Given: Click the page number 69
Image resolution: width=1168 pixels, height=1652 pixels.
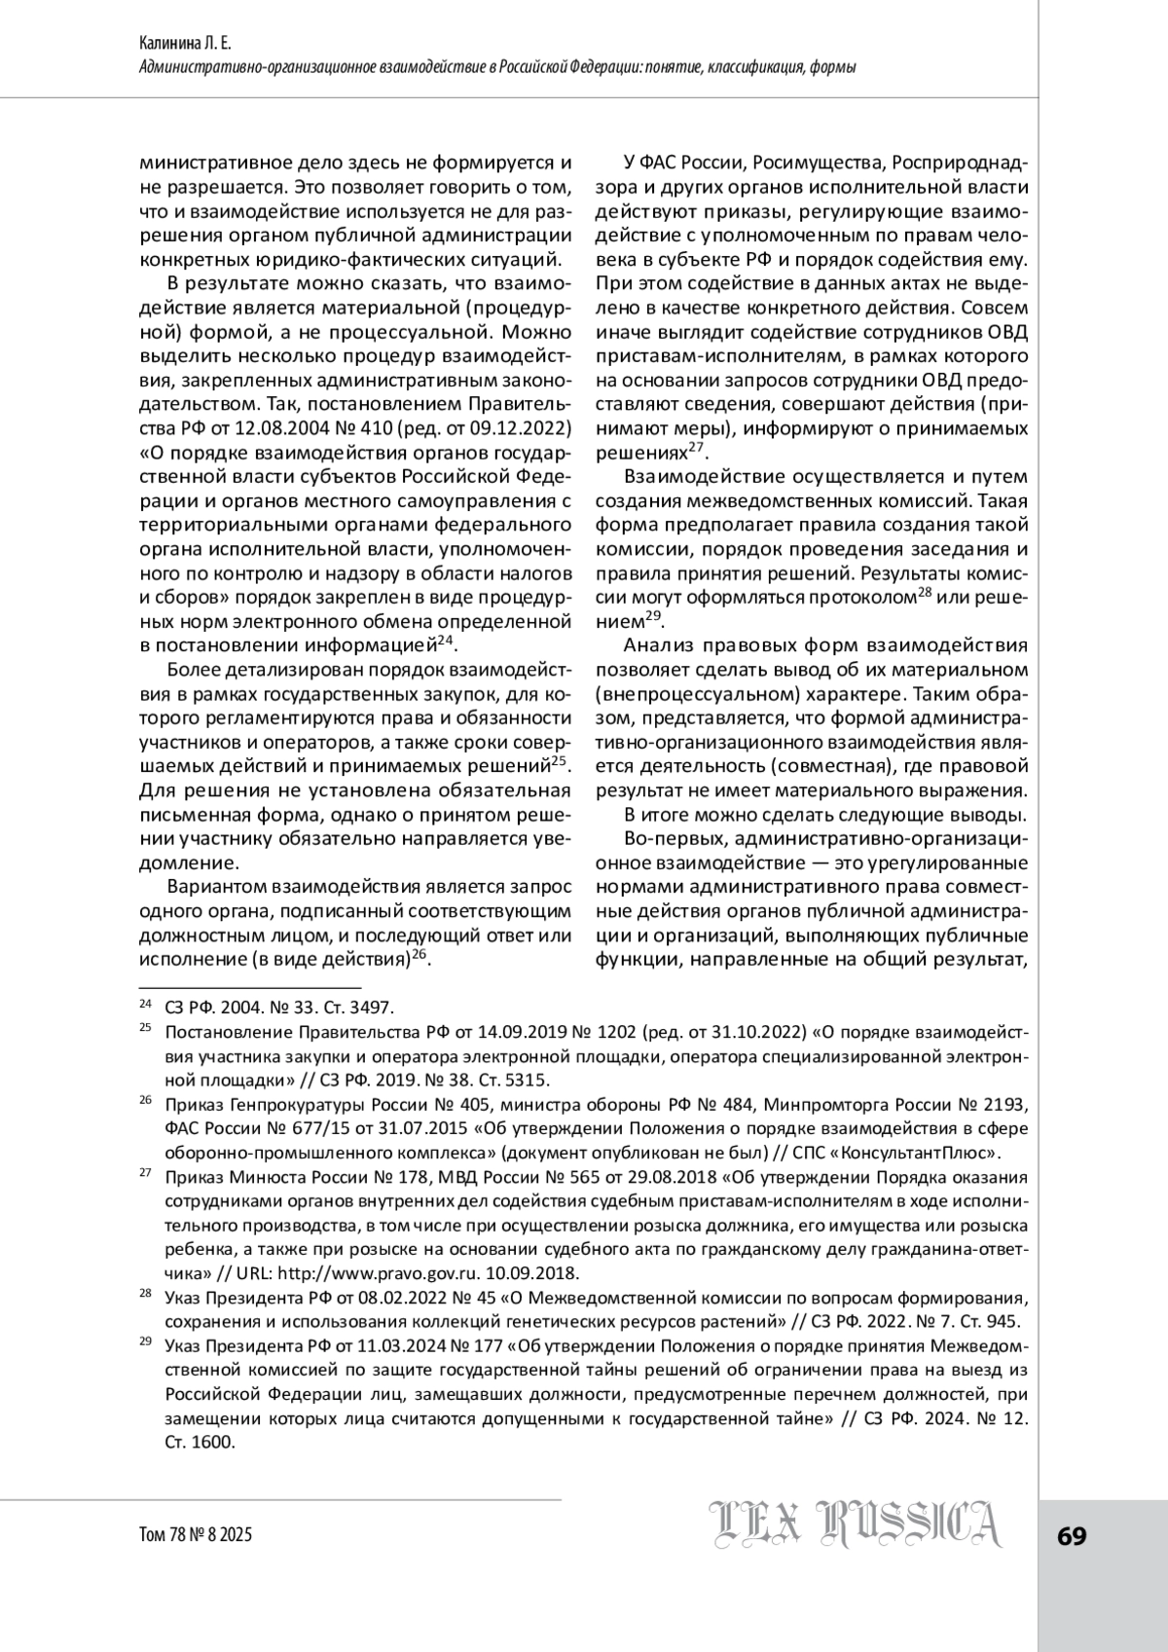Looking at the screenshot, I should (x=1072, y=1535).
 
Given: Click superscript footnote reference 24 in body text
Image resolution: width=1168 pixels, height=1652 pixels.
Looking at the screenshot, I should (x=446, y=640).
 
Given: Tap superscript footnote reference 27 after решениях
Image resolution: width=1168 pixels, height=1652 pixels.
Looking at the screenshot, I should (x=696, y=448).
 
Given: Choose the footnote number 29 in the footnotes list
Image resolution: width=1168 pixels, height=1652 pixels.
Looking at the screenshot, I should (x=146, y=1341).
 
